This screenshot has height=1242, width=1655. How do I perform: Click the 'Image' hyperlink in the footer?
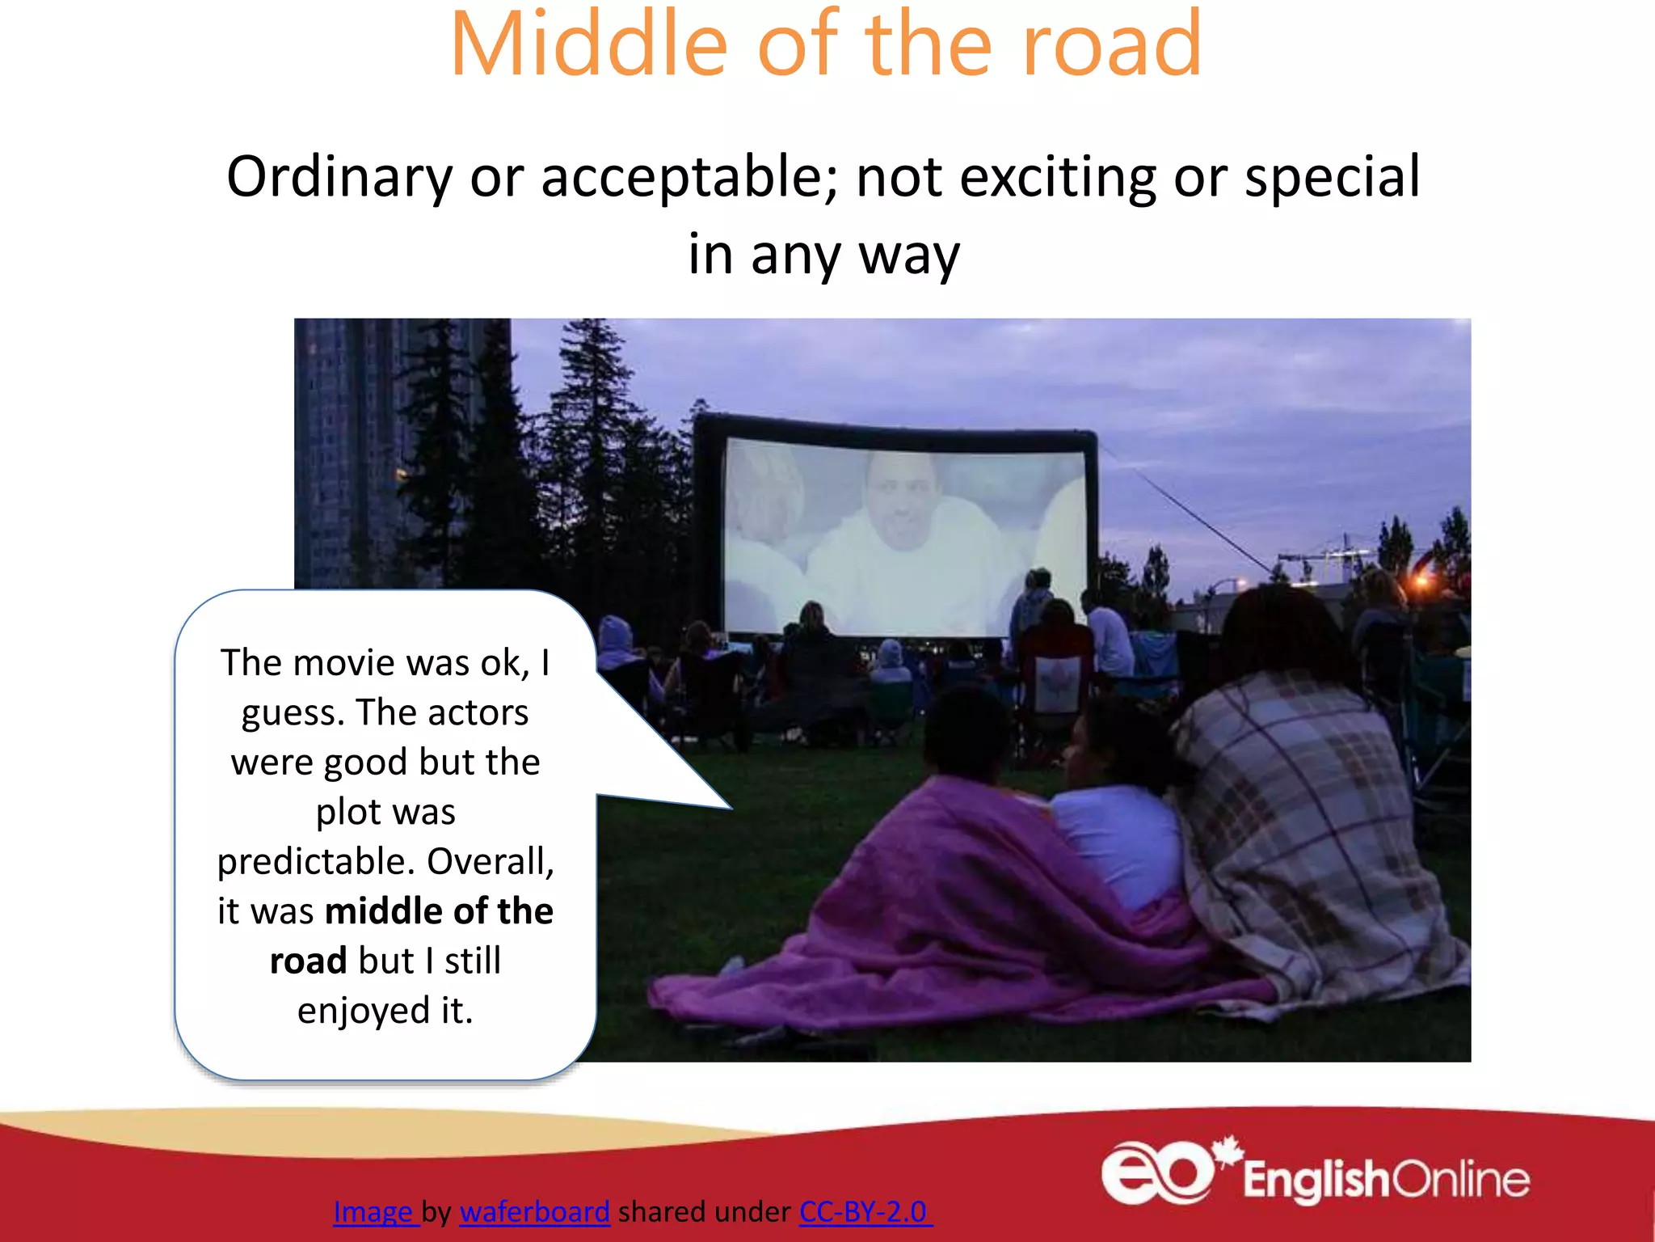373,1211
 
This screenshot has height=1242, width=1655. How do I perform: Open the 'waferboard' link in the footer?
534,1211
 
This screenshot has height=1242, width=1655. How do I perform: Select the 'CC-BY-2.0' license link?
863,1211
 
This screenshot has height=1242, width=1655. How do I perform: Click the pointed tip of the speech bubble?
729,808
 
